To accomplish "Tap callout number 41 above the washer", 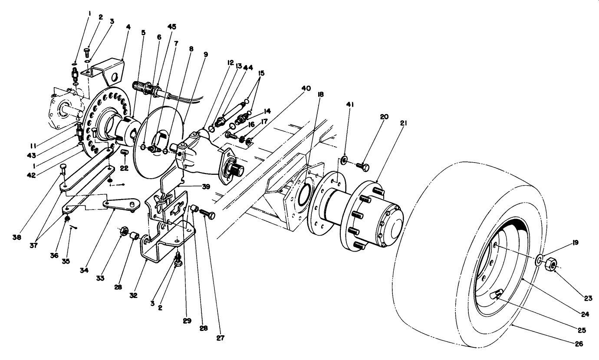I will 351,105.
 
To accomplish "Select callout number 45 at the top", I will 172,26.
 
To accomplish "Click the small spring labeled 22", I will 125,152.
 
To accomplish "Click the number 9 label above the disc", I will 205,54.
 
